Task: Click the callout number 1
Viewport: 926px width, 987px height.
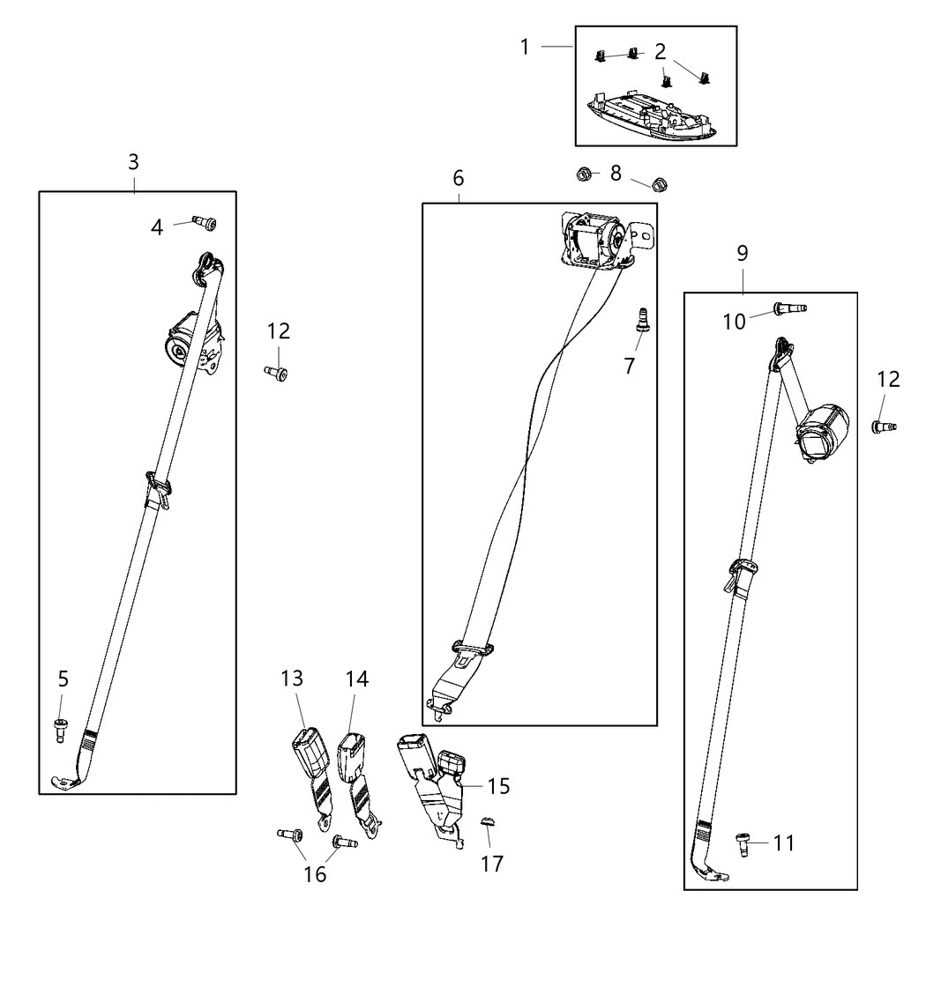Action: point(526,46)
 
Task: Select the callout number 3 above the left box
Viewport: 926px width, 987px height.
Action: point(133,162)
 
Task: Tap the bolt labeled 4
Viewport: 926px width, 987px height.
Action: point(205,224)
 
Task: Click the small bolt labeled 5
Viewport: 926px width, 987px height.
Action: point(61,729)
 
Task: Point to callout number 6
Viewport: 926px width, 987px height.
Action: point(459,178)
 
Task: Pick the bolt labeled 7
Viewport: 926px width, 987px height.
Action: point(642,318)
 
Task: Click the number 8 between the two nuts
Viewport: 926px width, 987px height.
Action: point(616,173)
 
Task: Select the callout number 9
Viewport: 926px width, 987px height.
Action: point(743,254)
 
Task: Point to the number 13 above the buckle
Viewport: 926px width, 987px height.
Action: point(292,679)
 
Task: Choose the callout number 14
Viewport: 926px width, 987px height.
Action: point(357,679)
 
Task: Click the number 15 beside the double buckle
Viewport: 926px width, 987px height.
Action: point(499,786)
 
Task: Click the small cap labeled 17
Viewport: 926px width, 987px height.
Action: point(485,822)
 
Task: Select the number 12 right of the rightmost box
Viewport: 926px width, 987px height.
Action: point(888,379)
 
